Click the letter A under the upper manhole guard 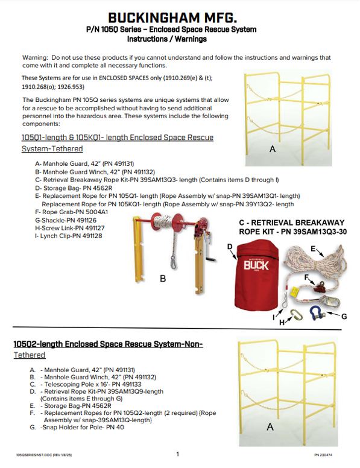[x=273, y=149]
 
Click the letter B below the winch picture [x=162, y=279]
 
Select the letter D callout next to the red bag [x=230, y=247]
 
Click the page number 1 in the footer [x=177, y=454]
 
